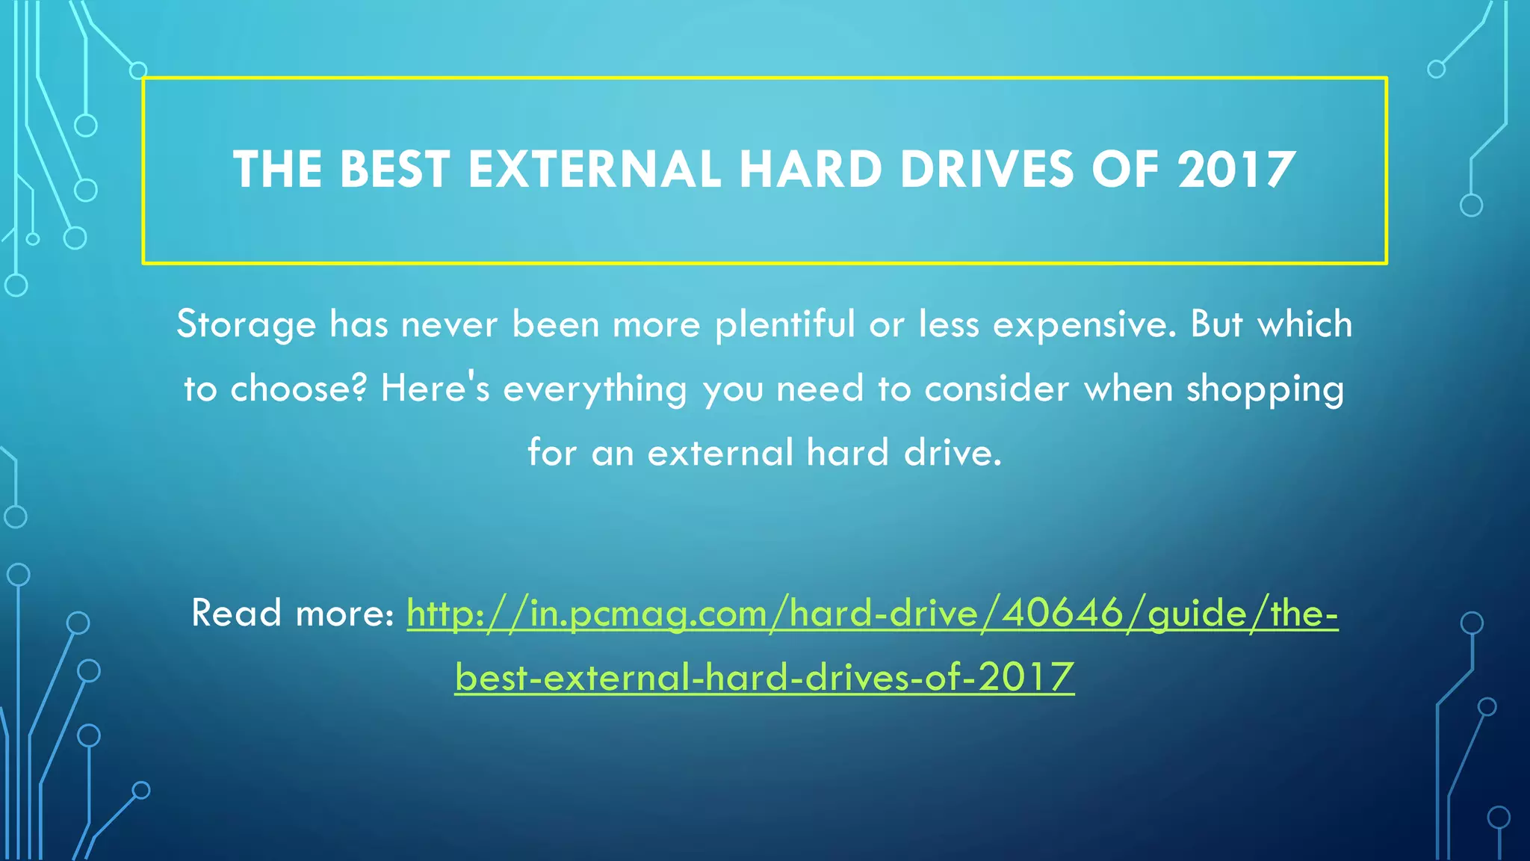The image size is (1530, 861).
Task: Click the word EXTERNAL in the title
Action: point(594,170)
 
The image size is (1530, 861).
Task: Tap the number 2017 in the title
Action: point(1236,170)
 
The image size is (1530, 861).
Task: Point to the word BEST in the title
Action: point(395,170)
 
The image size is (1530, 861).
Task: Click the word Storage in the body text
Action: point(247,325)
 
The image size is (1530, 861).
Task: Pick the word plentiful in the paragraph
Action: point(784,325)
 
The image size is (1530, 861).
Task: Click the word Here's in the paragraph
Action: point(435,389)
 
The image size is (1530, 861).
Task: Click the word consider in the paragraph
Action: point(997,389)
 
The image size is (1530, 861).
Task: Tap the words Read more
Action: point(292,614)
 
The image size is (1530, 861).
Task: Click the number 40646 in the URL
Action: point(1062,614)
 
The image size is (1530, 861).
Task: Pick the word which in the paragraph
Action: point(1304,325)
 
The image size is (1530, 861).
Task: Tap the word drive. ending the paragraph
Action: point(952,454)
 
